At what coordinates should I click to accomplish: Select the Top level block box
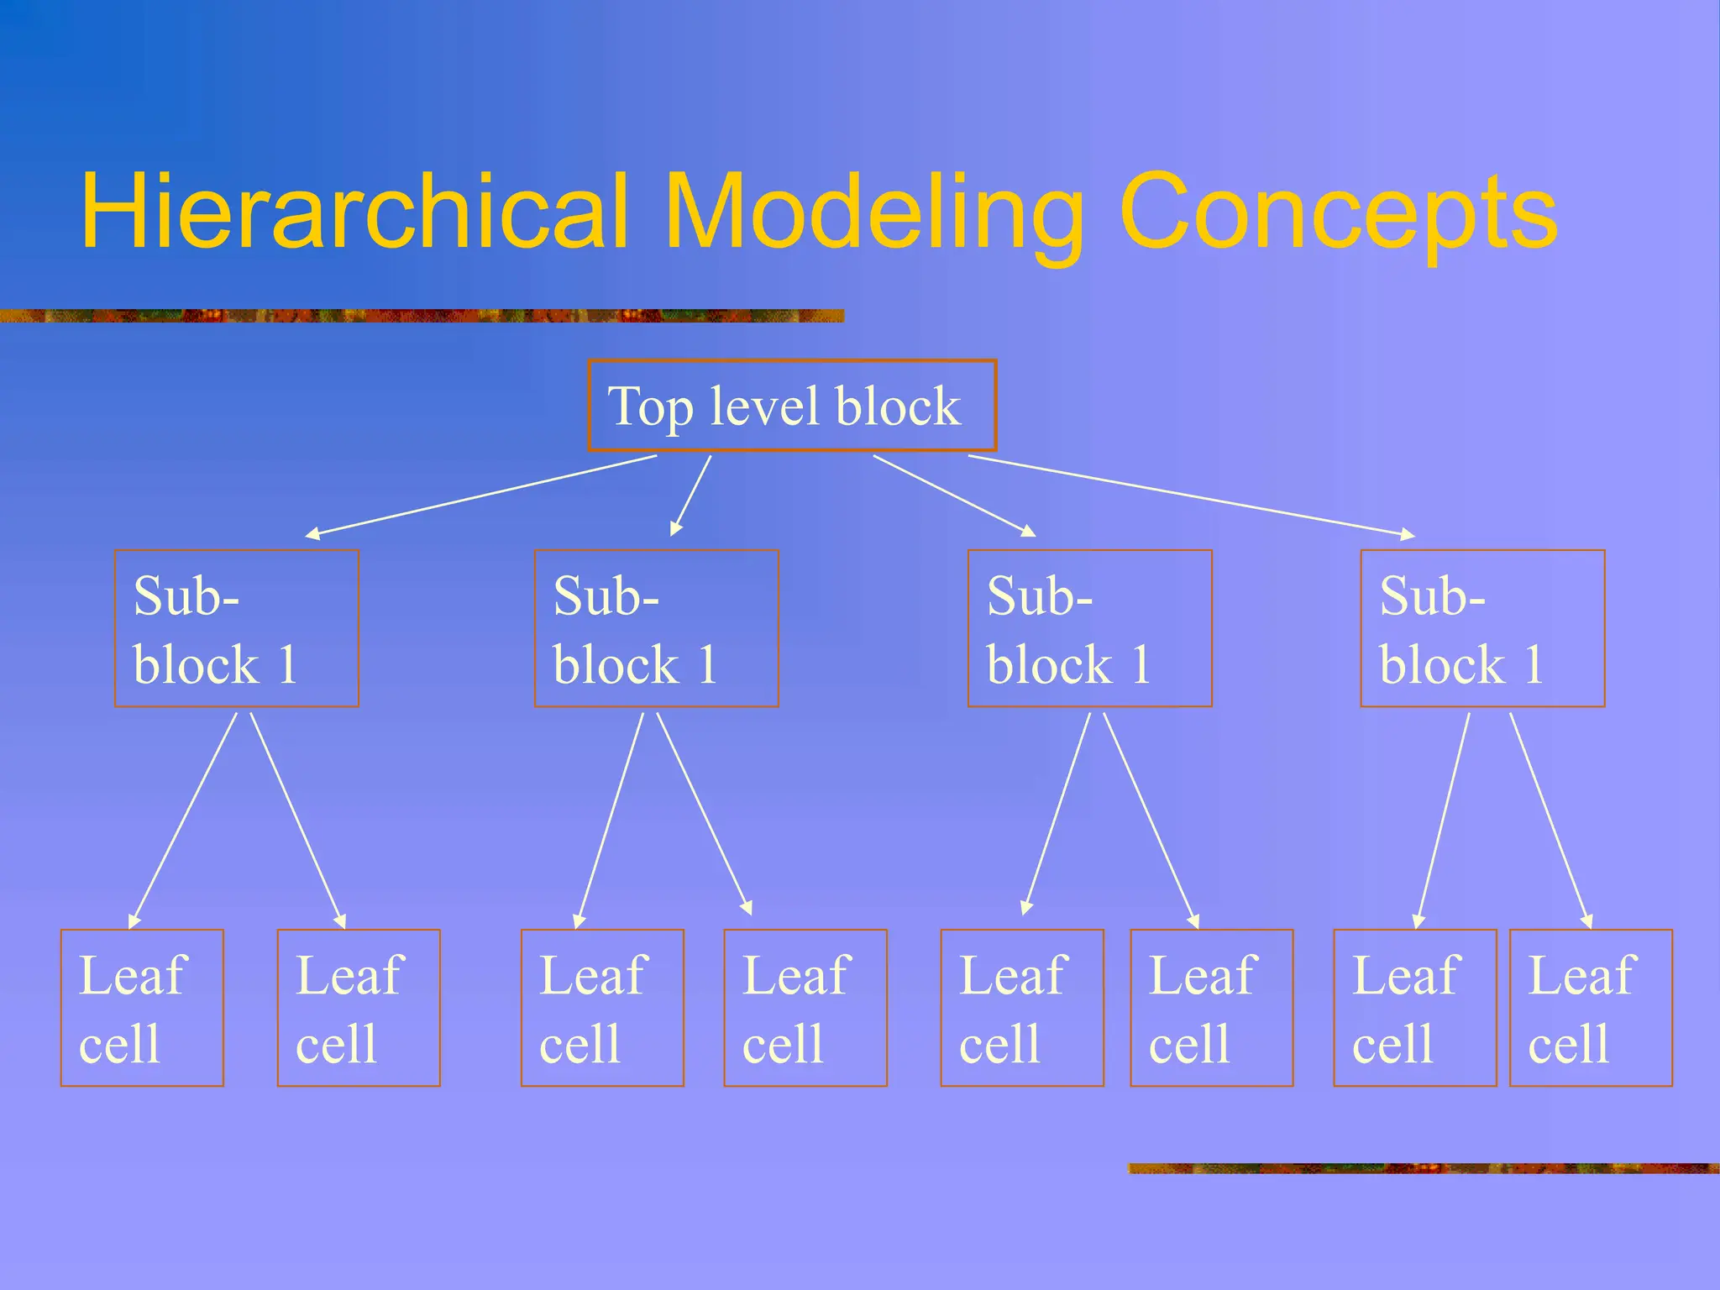792,406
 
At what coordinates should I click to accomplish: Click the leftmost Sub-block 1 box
237,628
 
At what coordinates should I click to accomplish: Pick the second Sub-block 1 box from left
656,628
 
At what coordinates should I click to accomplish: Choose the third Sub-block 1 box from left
1089,628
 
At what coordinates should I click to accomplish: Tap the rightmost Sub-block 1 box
1482,628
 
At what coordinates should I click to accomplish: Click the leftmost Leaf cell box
142,1008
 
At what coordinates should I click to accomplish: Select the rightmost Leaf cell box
1591,1008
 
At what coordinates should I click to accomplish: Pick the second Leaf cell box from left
359,1008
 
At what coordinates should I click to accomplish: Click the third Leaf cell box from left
602,1008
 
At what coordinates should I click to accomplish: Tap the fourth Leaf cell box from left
805,1008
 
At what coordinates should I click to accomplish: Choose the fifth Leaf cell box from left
1022,1008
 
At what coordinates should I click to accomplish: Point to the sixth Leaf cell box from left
1212,1008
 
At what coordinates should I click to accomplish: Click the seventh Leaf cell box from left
1415,1008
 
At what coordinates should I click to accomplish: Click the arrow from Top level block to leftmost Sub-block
481,495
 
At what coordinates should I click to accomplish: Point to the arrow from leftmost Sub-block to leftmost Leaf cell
184,820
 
